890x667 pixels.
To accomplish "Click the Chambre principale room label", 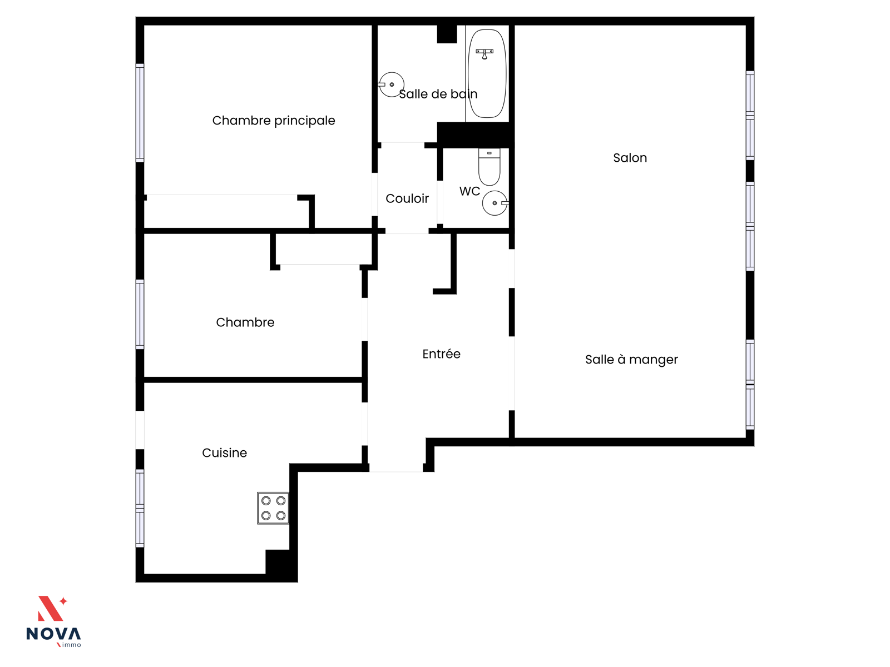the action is (x=273, y=120).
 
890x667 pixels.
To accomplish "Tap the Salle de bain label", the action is (x=438, y=94).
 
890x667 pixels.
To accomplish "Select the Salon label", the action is (x=630, y=157).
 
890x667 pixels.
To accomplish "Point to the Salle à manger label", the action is (x=631, y=360).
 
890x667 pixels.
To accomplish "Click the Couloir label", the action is (x=407, y=198).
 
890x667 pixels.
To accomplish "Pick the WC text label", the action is (x=469, y=191).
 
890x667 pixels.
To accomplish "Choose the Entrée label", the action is (x=441, y=354).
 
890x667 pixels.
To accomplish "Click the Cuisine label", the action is (x=224, y=453).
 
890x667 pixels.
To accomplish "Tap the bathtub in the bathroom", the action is (x=487, y=73).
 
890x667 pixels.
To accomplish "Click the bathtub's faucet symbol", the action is (x=484, y=53).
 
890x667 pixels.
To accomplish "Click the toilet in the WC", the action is (x=489, y=167).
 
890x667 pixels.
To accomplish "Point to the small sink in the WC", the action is (x=495, y=203).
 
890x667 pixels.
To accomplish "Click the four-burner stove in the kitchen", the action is (x=273, y=508).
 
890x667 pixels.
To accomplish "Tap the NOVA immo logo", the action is (x=53, y=621).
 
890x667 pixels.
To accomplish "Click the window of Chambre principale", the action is (x=140, y=113).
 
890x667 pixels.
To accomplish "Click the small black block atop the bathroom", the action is (x=447, y=34).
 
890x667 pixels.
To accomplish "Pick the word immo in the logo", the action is (x=71, y=645).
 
